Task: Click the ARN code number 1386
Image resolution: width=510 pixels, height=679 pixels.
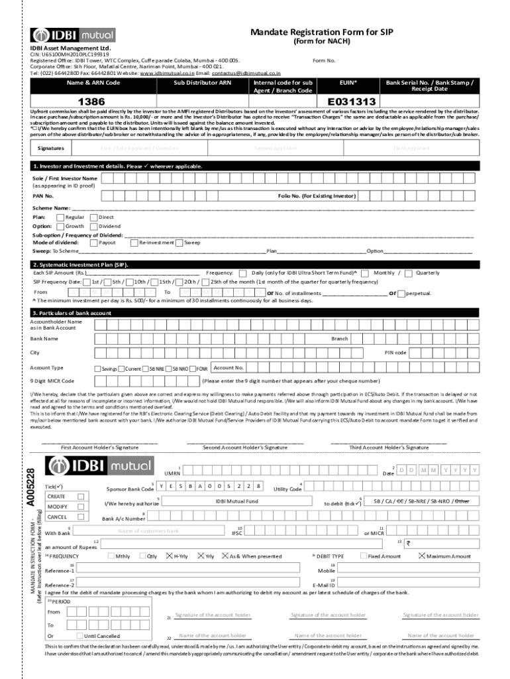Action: [91, 101]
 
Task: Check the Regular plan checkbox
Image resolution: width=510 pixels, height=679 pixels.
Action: [60, 217]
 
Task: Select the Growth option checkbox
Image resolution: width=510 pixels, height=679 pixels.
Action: [60, 226]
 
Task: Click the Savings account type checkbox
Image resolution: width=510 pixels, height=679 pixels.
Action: [97, 369]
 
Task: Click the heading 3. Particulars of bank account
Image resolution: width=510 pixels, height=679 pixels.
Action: [72, 313]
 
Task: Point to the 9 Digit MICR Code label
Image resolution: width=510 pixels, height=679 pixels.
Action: [52, 381]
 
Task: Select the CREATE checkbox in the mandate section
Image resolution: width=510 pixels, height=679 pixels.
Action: [81, 496]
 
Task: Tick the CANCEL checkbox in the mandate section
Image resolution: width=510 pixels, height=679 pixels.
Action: [81, 517]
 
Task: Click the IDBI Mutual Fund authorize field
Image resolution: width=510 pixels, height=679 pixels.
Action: [236, 501]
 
